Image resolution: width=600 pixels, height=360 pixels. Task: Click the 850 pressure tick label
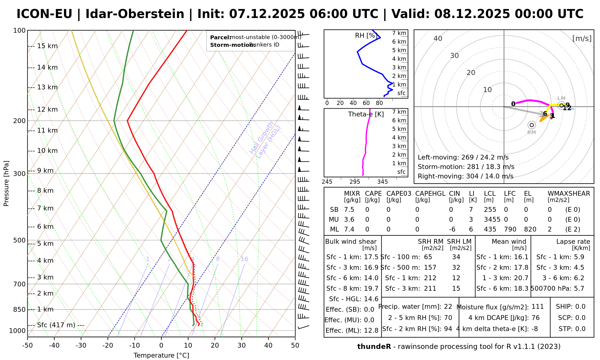click(19, 309)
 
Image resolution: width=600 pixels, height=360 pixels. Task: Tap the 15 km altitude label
click(47, 46)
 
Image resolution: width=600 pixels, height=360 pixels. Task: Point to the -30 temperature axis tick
click(81, 345)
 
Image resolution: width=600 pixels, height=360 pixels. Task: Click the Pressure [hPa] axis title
click(6, 183)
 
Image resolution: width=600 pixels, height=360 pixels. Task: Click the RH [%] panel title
click(366, 35)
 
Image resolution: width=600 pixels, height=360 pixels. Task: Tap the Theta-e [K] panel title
click(366, 114)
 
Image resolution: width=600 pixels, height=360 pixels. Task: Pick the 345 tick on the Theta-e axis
click(382, 182)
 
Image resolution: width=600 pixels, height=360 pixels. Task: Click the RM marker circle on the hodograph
click(532, 125)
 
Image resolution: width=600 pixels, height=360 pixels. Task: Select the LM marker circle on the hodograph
click(561, 105)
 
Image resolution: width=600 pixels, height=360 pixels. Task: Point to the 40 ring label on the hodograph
click(438, 38)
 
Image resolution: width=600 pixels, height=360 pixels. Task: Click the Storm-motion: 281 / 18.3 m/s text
click(466, 167)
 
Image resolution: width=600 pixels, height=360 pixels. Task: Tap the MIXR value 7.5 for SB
click(349, 210)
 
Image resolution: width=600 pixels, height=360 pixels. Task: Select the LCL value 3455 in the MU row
click(492, 220)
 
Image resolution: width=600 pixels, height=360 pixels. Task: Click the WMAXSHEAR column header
click(569, 193)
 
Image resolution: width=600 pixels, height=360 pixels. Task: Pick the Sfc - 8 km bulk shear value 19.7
click(371, 289)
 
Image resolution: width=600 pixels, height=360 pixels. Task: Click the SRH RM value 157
click(430, 268)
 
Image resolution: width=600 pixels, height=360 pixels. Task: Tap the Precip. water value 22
click(448, 307)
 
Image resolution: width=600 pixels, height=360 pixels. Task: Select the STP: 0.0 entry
click(572, 329)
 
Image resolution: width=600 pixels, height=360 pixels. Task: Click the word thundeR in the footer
click(374, 347)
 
